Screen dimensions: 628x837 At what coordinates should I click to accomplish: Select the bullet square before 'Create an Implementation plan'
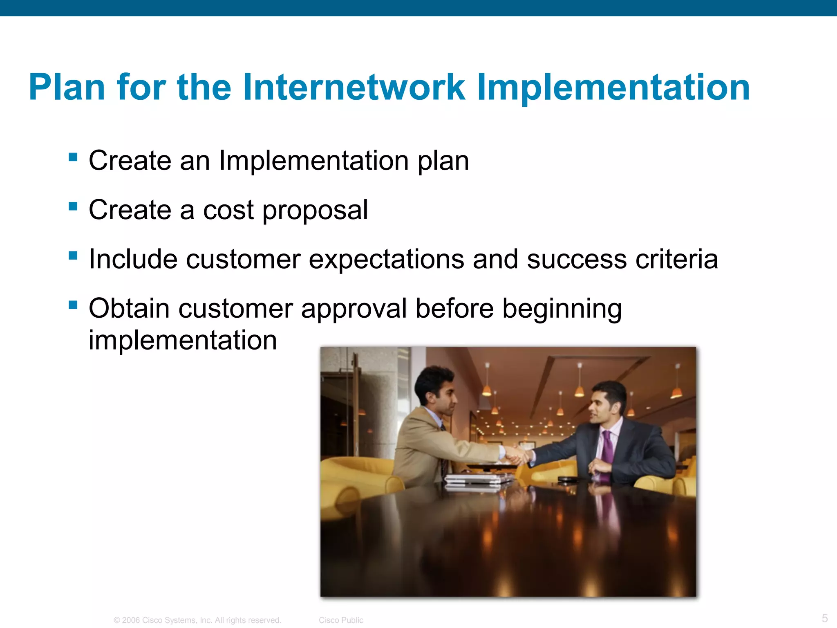[73, 157]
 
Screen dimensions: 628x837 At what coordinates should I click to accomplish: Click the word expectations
[386, 260]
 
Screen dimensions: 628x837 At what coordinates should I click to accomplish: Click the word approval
[354, 309]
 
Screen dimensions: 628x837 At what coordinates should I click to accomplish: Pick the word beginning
[562, 309]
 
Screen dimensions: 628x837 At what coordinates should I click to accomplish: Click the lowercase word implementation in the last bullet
[183, 340]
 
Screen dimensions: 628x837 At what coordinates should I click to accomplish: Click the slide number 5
[825, 618]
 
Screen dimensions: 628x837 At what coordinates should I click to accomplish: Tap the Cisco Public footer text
[341, 620]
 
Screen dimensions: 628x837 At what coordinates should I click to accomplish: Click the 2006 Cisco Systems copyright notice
[197, 620]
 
